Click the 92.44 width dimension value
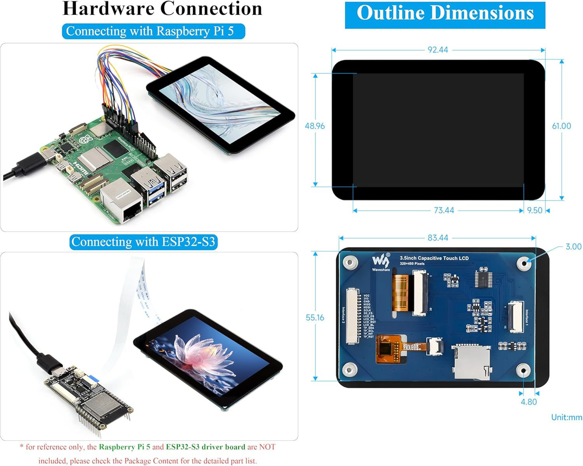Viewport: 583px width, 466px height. (438, 50)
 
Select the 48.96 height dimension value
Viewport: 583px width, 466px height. (315, 126)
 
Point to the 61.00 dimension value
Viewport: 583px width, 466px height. (561, 126)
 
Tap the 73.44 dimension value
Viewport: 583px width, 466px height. (444, 210)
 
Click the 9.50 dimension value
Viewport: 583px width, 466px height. (534, 210)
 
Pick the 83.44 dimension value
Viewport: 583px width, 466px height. (438, 238)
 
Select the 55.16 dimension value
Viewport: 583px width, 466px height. (315, 318)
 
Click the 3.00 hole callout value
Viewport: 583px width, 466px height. (573, 247)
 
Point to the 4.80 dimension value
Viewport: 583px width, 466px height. (529, 402)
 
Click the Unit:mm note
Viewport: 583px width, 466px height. (566, 417)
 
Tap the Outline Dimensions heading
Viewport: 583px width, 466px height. (445, 14)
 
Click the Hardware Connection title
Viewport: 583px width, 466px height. (162, 9)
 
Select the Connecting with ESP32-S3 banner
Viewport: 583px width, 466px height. (143, 242)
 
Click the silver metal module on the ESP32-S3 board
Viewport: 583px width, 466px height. (102, 406)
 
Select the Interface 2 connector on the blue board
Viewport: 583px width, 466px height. (353, 316)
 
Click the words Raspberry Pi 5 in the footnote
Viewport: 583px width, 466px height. (124, 447)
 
